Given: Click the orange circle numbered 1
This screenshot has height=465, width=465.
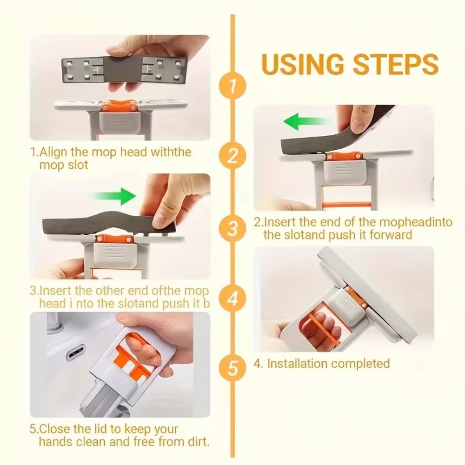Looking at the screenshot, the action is (x=232, y=86).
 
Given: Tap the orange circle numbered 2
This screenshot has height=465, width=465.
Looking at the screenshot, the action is (x=232, y=155).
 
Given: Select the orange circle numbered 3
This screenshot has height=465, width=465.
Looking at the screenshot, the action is (x=232, y=229).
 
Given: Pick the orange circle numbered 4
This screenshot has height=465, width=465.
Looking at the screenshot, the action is (x=232, y=299).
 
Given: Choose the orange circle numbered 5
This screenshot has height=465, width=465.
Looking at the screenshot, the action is (x=232, y=368).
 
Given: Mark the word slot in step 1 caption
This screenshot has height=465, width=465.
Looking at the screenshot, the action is (x=78, y=165).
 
